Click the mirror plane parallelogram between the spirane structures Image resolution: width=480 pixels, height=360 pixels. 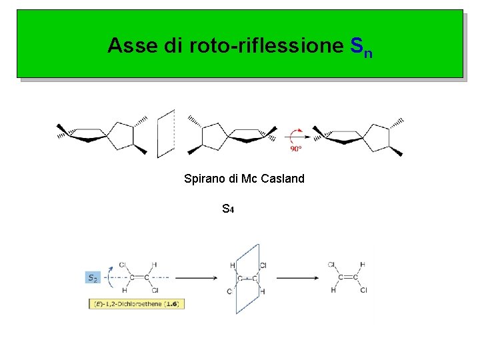point(166,133)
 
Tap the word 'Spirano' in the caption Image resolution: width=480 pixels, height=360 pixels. point(203,179)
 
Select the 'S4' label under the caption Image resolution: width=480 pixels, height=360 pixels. point(227,209)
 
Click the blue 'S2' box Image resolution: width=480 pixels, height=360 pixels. point(93,277)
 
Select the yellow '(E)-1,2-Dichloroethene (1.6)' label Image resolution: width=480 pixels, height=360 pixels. point(136,304)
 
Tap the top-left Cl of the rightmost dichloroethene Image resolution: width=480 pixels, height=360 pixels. point(331,265)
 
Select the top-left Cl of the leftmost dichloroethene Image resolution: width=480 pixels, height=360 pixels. point(123,265)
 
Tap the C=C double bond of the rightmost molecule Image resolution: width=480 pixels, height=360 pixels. point(347,277)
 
